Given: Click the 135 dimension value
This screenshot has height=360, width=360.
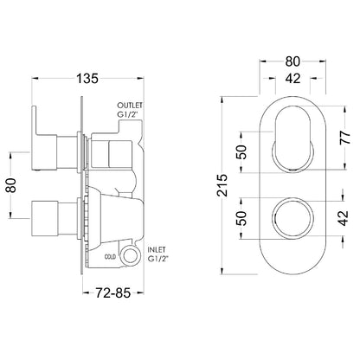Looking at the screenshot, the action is [x=87, y=78].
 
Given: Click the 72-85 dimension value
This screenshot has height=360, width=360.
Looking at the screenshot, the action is [x=113, y=293].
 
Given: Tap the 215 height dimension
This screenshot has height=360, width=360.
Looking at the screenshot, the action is [x=222, y=185].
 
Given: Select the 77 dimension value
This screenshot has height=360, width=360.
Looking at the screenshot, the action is [x=344, y=138].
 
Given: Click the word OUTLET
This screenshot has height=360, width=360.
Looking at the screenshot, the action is [x=130, y=105].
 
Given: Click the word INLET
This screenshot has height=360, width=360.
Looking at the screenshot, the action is [x=157, y=249].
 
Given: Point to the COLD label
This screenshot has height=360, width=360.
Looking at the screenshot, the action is [x=110, y=256].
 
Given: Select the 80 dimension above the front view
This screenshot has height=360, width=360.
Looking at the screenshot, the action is [x=292, y=61].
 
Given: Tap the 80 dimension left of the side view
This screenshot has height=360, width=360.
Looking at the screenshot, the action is [x=11, y=185].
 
